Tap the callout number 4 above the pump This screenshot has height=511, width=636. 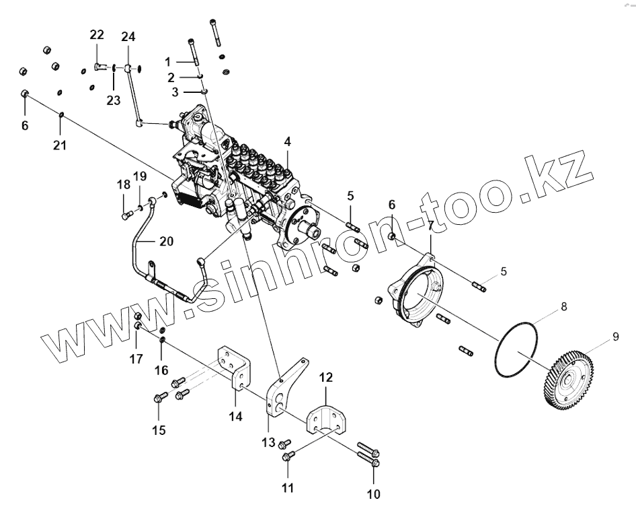[x=287, y=142]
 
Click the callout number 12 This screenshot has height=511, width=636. [x=325, y=378]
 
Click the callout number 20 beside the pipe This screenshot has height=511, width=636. [x=166, y=241]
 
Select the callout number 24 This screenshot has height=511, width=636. [x=128, y=36]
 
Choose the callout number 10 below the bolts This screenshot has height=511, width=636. [x=372, y=494]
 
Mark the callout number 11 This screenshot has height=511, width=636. [x=287, y=487]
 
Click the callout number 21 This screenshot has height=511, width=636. [x=60, y=145]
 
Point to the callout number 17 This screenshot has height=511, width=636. [x=136, y=359]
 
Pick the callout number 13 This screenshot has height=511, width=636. [x=268, y=442]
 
